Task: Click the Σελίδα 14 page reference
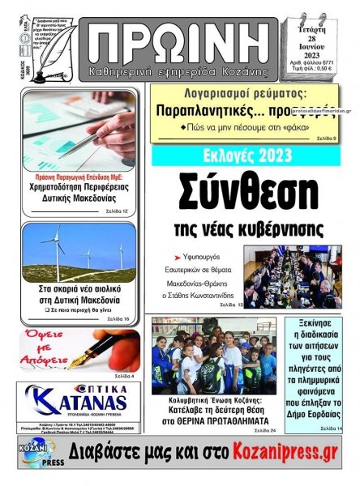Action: pos(330,428)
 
